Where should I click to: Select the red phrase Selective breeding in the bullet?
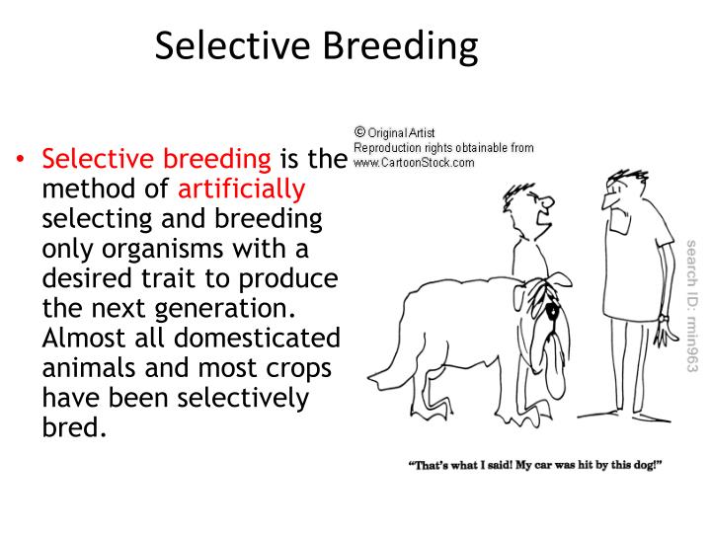[155, 159]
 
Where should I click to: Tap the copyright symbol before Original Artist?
[359, 131]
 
